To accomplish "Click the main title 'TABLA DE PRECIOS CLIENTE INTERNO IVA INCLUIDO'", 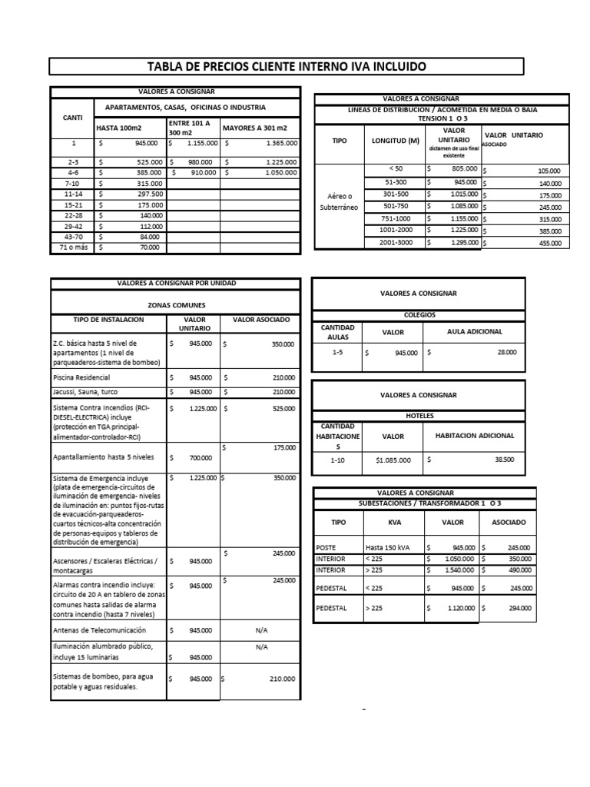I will click(287, 67).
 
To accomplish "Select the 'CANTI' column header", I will click(71, 118).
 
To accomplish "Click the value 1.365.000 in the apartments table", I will click(275, 144).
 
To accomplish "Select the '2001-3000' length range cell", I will click(396, 243).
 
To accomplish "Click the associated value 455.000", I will click(549, 244).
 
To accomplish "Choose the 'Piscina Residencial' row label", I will click(81, 377).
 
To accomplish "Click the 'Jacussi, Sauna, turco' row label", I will click(84, 392).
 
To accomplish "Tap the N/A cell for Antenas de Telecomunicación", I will click(260, 630).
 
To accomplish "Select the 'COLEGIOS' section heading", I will click(419, 314).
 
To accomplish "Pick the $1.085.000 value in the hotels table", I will click(393, 460).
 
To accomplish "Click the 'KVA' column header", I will click(395, 522).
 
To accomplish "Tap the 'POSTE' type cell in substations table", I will click(326, 547).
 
